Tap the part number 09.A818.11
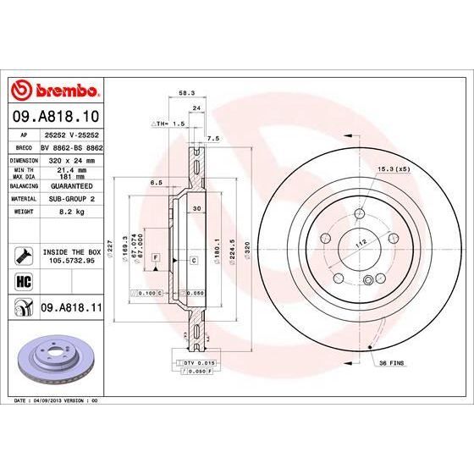point(71,311)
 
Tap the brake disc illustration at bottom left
point(53,357)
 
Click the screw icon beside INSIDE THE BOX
point(21,254)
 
